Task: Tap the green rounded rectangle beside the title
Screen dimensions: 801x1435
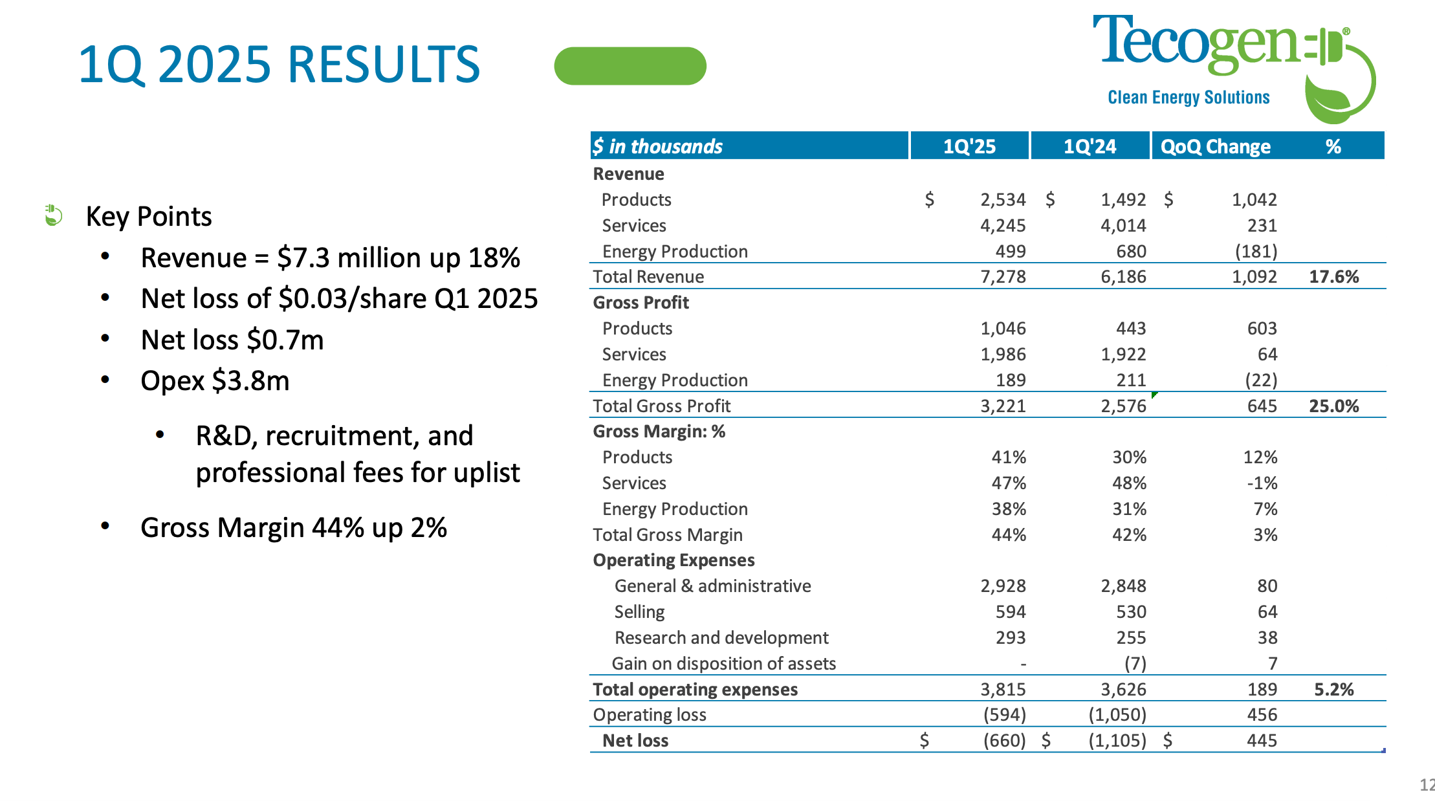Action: [630, 66]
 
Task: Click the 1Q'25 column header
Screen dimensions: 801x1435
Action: [969, 146]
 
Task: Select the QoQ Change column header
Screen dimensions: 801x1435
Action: [1215, 146]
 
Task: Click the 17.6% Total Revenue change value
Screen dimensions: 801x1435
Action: [1333, 277]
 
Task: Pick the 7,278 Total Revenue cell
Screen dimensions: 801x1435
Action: [1003, 277]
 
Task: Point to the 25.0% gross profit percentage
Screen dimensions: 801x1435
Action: [1333, 406]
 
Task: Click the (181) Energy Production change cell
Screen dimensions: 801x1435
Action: [1256, 251]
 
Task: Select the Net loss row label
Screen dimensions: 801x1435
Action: [635, 740]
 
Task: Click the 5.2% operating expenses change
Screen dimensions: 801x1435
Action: [1333, 689]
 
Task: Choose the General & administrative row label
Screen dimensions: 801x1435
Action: [712, 586]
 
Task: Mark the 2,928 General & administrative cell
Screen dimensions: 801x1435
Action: [1003, 586]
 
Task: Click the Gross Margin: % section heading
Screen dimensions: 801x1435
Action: [659, 432]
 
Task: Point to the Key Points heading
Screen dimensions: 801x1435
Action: [149, 216]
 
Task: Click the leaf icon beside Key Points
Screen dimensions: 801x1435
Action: [53, 215]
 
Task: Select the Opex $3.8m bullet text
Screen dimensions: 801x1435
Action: [215, 381]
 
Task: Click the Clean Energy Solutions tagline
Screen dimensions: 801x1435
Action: [1189, 98]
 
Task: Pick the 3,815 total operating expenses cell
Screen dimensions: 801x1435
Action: [1003, 689]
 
